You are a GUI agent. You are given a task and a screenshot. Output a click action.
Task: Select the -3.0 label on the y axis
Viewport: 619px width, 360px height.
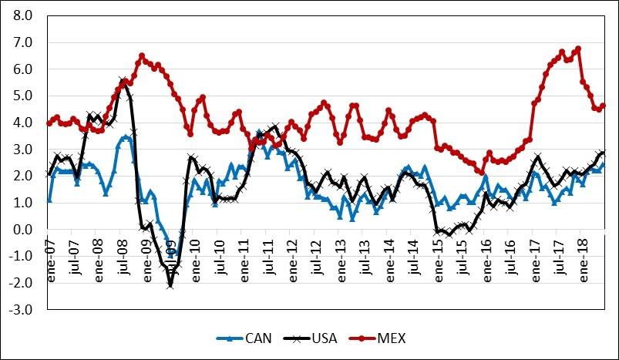coord(22,310)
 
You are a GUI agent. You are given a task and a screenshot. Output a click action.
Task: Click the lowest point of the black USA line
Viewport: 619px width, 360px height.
coord(170,286)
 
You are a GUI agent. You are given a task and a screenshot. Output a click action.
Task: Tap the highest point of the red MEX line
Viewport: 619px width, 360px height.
coord(578,49)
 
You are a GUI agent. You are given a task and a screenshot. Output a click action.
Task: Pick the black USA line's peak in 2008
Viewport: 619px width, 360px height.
coord(123,80)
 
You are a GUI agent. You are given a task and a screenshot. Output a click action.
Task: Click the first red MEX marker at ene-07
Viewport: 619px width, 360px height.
coord(49,123)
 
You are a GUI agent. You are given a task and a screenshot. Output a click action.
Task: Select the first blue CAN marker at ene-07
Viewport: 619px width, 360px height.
coord(49,200)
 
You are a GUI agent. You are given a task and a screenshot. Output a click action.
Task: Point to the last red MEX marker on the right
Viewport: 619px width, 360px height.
coord(604,106)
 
